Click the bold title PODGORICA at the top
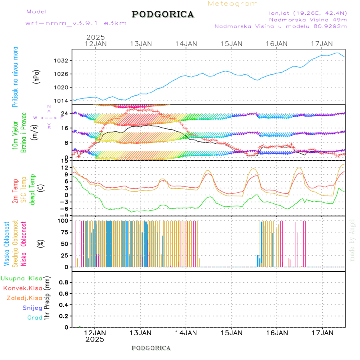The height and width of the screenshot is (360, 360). click(x=163, y=14)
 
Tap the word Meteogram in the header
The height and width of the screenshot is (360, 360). click(x=233, y=4)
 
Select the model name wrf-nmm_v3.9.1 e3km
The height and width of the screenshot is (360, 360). click(x=76, y=23)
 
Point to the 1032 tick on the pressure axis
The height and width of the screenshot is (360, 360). click(x=63, y=61)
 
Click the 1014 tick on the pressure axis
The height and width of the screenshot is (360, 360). click(x=63, y=100)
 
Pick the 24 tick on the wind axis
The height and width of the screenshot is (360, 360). click(x=64, y=114)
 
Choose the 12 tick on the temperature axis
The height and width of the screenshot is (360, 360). click(x=64, y=168)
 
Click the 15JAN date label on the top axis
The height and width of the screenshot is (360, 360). click(x=231, y=44)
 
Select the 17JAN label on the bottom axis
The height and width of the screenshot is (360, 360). click(x=322, y=332)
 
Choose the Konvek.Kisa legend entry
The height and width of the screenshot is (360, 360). click(x=23, y=288)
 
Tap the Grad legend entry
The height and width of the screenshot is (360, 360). click(x=35, y=318)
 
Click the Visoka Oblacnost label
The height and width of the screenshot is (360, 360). click(x=7, y=244)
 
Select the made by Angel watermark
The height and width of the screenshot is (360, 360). click(x=352, y=240)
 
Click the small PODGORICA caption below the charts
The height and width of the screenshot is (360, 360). click(x=151, y=348)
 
